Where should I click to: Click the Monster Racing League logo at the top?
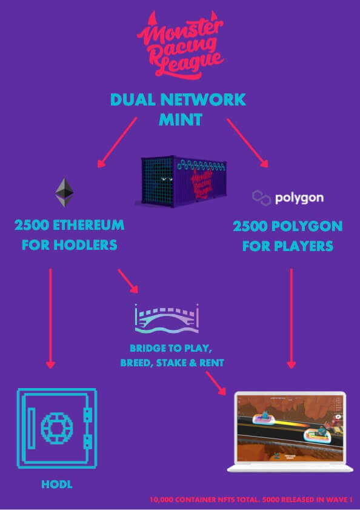(x=181, y=44)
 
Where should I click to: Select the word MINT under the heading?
(x=181, y=119)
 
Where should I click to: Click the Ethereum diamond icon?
(x=64, y=192)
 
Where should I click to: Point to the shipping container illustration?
(x=181, y=181)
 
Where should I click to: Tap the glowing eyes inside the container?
(x=166, y=178)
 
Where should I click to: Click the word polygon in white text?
(x=299, y=198)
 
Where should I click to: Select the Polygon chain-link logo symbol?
(x=261, y=198)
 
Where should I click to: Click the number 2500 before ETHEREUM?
(x=32, y=225)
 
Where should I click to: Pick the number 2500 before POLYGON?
(x=250, y=226)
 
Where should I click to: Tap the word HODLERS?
(x=85, y=245)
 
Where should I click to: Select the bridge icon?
(x=167, y=318)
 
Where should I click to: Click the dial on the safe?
(x=57, y=428)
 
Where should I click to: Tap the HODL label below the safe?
(x=57, y=485)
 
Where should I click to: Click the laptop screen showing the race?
(x=290, y=428)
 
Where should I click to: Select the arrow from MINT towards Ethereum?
(x=117, y=143)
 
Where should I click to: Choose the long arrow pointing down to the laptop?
(x=291, y=318)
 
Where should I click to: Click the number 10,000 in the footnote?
(x=161, y=500)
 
